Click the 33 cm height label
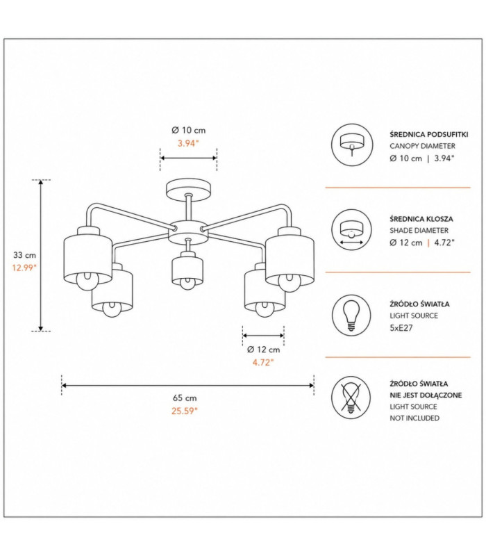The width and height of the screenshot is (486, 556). (24, 255)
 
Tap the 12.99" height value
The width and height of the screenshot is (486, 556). (24, 268)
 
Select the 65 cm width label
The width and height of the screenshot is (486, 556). (185, 398)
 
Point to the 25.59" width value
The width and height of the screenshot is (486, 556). (185, 411)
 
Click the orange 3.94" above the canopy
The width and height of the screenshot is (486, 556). (188, 144)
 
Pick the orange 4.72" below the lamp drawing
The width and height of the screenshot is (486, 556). (263, 362)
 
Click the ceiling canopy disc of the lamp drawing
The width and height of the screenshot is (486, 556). (188, 188)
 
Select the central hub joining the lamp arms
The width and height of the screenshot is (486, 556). (188, 232)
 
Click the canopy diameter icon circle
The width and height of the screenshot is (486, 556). (352, 145)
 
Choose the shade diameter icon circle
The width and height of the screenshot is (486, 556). (352, 230)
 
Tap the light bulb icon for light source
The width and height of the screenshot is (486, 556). (351, 316)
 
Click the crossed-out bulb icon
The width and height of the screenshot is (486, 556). (351, 398)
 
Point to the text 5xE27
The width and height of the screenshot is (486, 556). (401, 327)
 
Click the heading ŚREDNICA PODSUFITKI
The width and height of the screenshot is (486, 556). (429, 134)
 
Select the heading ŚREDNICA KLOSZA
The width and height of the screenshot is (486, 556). (421, 219)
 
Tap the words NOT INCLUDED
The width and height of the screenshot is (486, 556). (414, 418)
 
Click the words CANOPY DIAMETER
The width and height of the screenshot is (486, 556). (423, 146)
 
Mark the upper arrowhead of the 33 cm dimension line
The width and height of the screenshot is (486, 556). (41, 182)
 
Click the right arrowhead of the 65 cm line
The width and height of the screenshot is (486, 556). (311, 386)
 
